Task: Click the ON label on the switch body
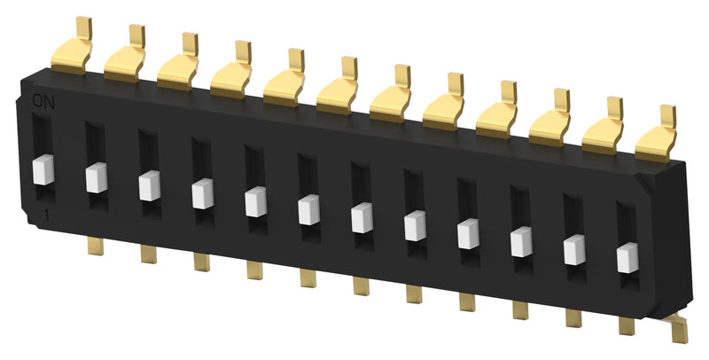42,101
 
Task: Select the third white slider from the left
150,185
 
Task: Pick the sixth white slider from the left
309,209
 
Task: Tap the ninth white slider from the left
469,233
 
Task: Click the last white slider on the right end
628,256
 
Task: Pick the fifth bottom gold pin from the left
307,277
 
